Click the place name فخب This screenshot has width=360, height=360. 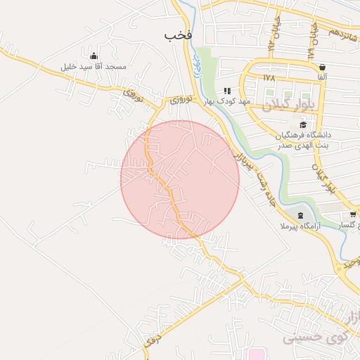178,34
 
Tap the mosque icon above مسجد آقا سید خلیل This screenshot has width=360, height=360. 94,56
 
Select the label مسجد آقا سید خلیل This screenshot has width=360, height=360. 94,67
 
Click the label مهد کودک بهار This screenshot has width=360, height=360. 227,102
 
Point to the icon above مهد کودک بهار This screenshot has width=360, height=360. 227,91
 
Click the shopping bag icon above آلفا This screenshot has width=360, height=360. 322,66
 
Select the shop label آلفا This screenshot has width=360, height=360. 322,76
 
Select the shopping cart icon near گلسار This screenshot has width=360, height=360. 353,215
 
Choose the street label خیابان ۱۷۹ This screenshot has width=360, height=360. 309,42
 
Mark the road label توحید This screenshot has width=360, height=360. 347,263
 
